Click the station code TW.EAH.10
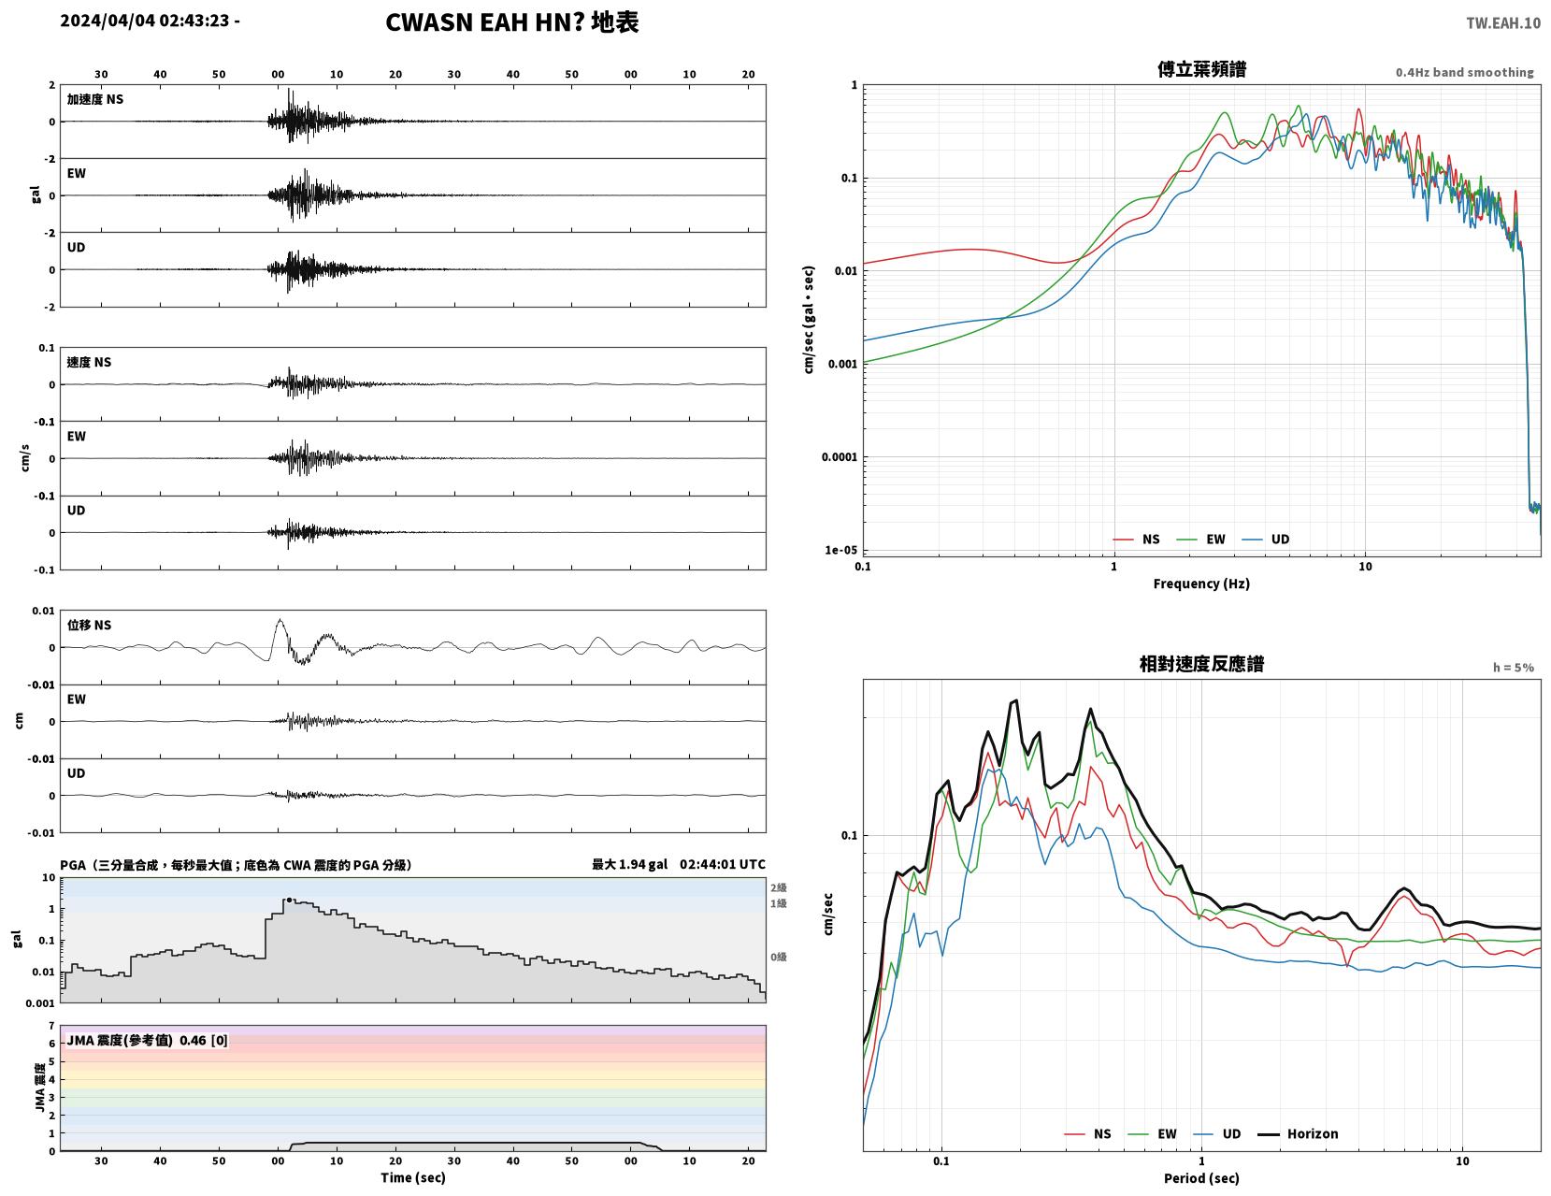[x=1502, y=22]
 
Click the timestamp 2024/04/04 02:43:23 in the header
[x=145, y=21]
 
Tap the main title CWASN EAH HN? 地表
[x=511, y=22]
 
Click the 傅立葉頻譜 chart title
[x=1201, y=69]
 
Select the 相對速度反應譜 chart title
[x=1201, y=664]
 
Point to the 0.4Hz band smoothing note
[x=1465, y=72]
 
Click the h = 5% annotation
[x=1514, y=668]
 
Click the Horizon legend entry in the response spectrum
[x=1298, y=1133]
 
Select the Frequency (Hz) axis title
[x=1201, y=583]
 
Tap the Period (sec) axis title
[x=1201, y=1177]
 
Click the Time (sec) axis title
[x=412, y=1177]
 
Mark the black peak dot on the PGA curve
[x=289, y=901]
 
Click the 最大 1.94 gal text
[x=629, y=864]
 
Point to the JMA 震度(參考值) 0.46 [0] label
[x=147, y=1041]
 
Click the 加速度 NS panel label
[x=95, y=99]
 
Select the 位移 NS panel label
[x=89, y=625]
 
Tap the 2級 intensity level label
[x=778, y=887]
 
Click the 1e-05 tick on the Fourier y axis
[x=840, y=550]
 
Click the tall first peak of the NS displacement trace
[x=280, y=621]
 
